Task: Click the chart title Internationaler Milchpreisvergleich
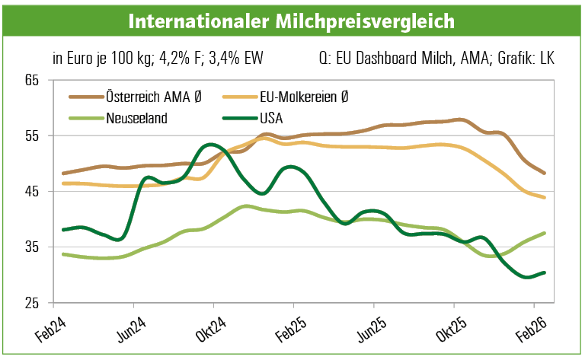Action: coord(292,21)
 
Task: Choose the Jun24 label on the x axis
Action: coord(133,328)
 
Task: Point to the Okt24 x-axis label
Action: coord(213,328)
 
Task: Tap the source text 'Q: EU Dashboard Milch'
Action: coord(385,58)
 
